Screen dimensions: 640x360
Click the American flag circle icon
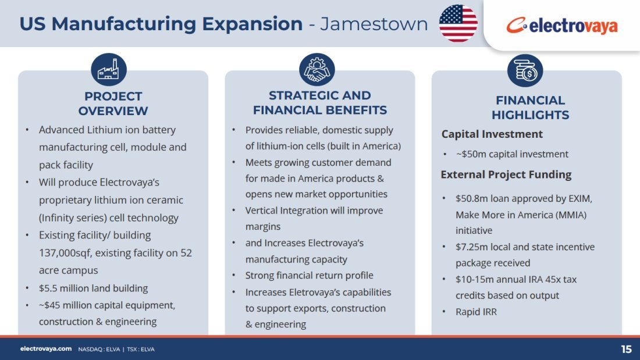458,23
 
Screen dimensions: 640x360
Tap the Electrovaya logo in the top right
562,26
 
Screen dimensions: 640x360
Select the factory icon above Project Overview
109,69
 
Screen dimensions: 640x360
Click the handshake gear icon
317,69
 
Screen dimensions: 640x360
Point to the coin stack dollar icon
525,70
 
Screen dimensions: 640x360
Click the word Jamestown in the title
374,24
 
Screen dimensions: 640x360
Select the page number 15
626,350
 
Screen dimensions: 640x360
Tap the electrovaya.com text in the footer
46,349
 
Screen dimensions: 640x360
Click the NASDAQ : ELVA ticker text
99,350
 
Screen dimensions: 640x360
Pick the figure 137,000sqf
65,253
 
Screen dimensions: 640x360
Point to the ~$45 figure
49,305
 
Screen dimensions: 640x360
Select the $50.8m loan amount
471,198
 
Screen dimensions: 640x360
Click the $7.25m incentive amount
471,247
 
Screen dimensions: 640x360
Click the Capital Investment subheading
492,134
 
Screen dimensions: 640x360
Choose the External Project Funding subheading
506,174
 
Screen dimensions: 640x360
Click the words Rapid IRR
477,312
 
